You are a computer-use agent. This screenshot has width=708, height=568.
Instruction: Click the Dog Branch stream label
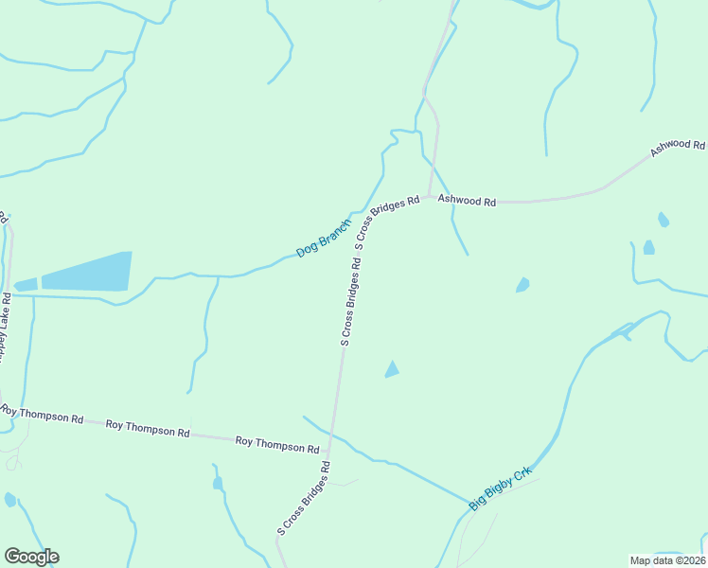323,238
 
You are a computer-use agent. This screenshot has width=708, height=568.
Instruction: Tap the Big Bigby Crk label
501,488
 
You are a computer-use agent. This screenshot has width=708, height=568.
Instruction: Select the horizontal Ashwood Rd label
467,202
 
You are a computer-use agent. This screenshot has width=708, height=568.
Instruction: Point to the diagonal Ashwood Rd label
678,148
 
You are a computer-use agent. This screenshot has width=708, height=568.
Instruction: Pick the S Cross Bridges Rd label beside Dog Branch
386,222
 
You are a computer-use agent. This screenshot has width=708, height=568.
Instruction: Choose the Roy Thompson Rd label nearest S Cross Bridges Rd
277,444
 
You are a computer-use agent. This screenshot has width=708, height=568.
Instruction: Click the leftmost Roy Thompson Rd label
42,415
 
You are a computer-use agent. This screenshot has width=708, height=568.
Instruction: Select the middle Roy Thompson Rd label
148,429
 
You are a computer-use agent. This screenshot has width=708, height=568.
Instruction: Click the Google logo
31,557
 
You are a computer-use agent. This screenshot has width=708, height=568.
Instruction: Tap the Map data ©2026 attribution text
667,559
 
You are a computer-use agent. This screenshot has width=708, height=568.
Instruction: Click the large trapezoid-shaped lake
87,272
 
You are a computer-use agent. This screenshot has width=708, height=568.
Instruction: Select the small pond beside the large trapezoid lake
26,284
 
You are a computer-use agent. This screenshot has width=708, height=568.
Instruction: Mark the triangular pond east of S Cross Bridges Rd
391,370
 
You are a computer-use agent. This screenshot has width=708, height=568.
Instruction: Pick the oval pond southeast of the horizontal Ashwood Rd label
522,285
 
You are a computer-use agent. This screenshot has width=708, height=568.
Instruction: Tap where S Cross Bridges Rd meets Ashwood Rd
430,197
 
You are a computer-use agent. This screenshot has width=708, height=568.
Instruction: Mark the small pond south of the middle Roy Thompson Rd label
218,484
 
